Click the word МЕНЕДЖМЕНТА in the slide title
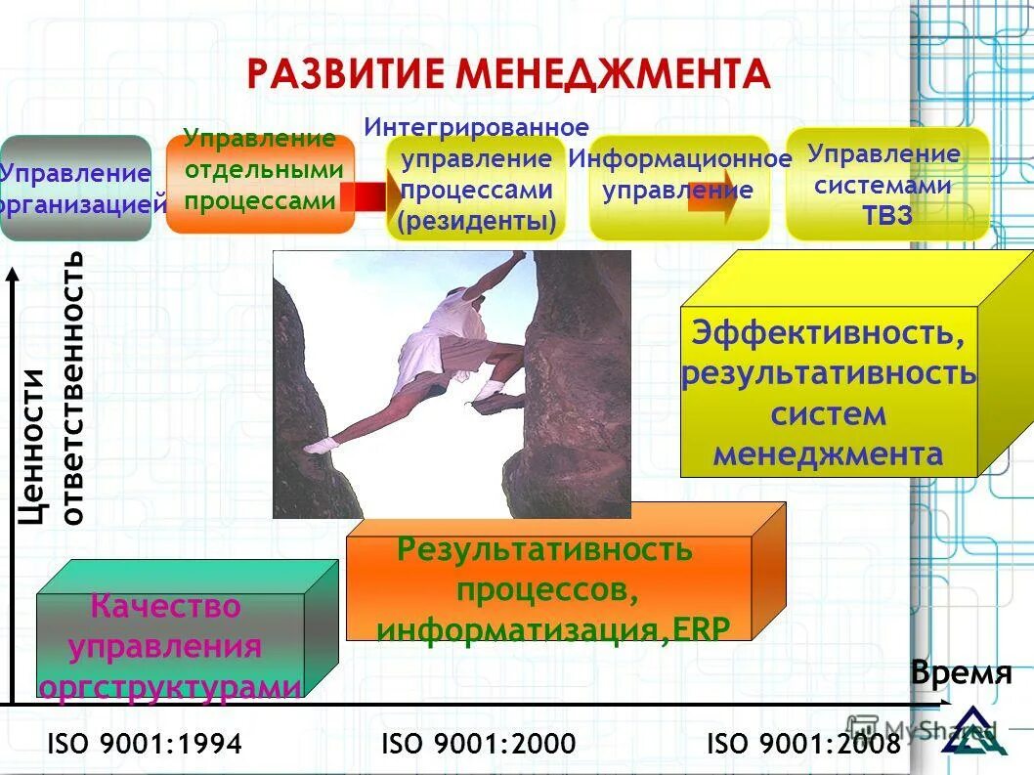point(616,73)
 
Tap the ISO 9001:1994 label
point(144,744)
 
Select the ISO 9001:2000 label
point(478,744)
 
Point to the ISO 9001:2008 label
point(802,744)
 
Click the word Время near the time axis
point(961,673)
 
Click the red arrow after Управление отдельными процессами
point(369,196)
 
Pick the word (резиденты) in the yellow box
point(477,221)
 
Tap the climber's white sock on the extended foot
point(319,445)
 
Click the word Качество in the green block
point(165,606)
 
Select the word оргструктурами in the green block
point(170,687)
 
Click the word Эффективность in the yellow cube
point(828,332)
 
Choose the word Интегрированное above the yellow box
point(477,127)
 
